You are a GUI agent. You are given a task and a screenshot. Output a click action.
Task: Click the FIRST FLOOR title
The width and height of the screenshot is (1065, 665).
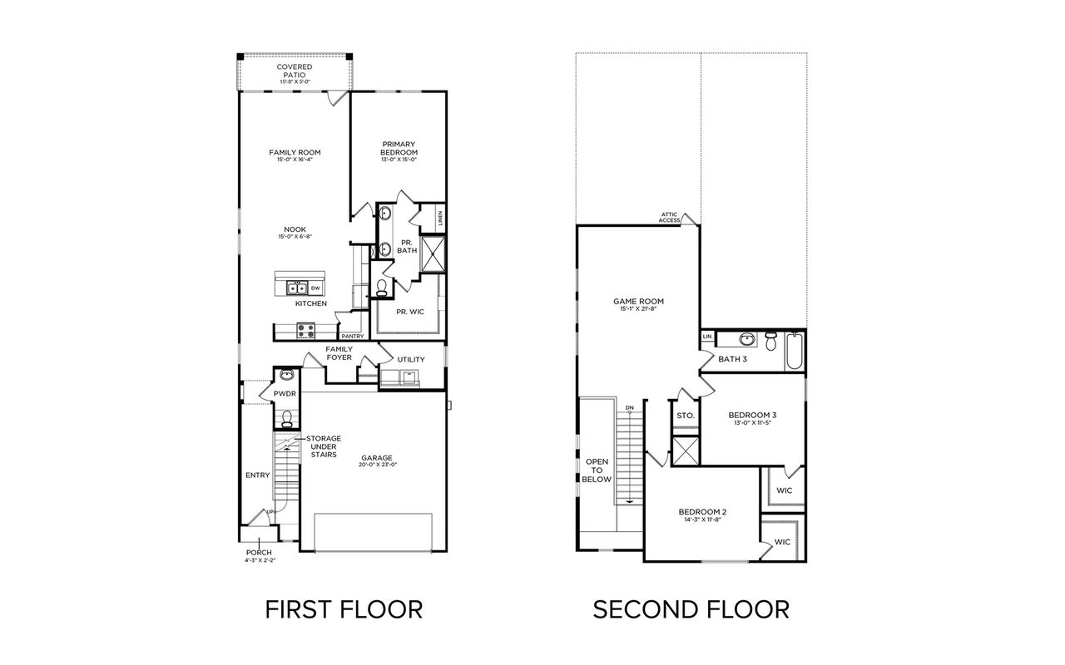click(x=344, y=609)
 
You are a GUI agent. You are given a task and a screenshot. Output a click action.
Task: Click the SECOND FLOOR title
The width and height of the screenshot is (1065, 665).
click(x=691, y=609)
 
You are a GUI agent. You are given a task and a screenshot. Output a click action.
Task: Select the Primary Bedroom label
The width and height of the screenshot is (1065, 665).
click(x=399, y=148)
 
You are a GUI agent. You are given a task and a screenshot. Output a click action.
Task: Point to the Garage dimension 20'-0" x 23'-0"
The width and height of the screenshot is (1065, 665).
click(x=377, y=465)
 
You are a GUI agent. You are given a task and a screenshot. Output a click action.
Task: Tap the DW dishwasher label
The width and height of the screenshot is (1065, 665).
click(x=315, y=288)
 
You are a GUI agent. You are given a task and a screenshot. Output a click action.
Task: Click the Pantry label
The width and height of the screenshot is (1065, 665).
click(x=353, y=336)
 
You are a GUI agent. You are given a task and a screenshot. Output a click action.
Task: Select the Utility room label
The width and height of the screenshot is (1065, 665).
click(x=411, y=359)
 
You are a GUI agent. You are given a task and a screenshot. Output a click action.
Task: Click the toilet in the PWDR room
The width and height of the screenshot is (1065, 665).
click(x=287, y=416)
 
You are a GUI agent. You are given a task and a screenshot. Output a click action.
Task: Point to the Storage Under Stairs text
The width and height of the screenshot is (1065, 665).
click(x=323, y=446)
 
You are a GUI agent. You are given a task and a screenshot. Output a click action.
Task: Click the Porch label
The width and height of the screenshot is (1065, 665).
click(x=259, y=552)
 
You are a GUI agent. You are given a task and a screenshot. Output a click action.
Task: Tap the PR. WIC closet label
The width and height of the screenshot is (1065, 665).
click(x=411, y=312)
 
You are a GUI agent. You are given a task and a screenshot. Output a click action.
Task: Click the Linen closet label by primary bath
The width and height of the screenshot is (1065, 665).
click(x=439, y=219)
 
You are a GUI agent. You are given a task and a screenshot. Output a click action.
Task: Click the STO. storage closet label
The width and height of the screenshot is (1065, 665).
click(x=685, y=415)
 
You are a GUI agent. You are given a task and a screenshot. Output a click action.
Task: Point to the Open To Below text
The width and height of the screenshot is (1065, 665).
click(x=597, y=470)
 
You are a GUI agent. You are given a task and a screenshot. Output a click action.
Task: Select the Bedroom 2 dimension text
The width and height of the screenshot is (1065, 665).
click(x=702, y=520)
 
